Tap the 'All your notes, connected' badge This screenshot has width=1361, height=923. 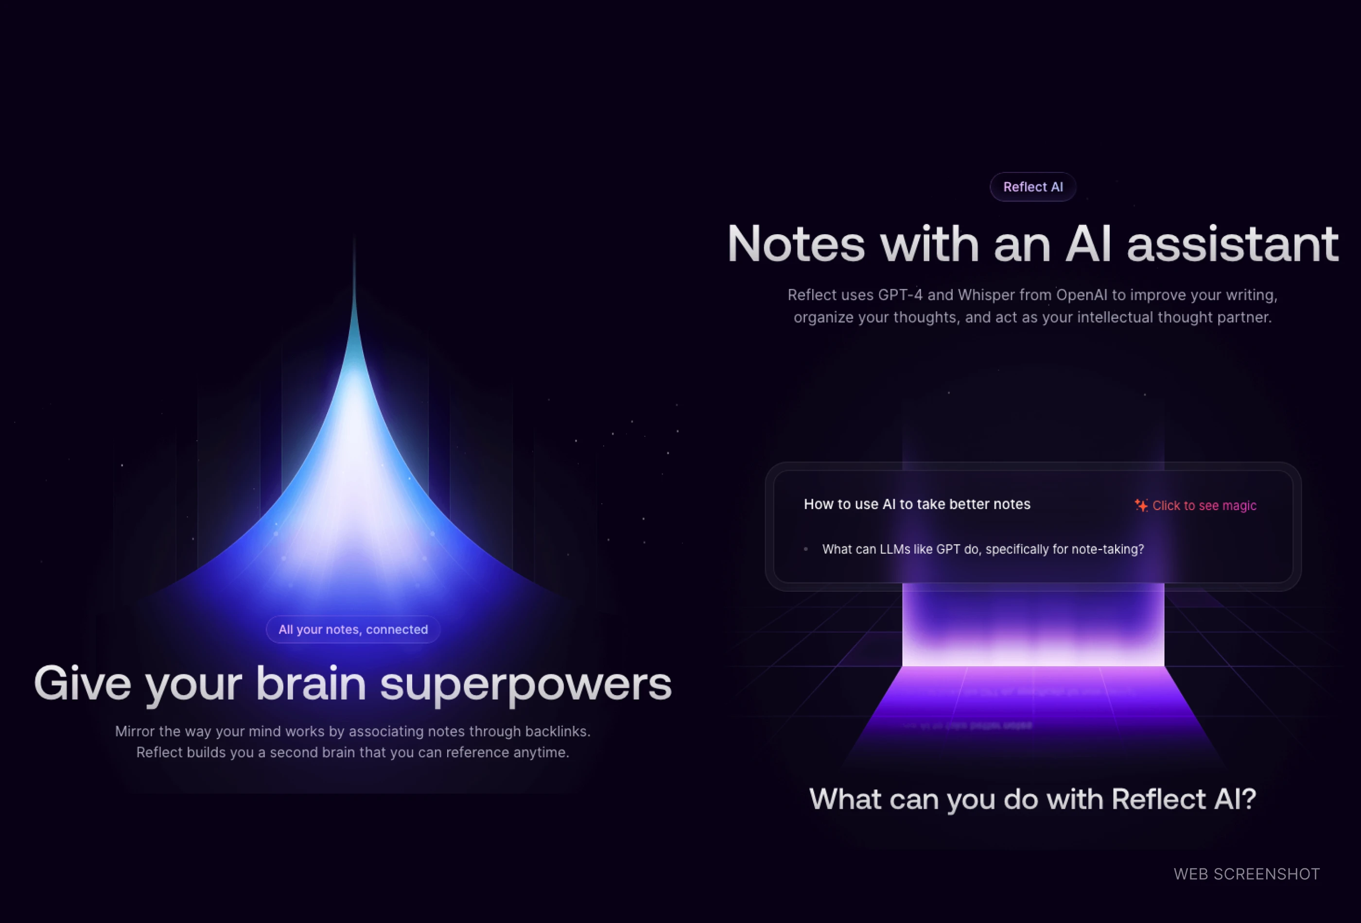pos(353,630)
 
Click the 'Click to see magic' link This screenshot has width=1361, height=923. pos(1204,506)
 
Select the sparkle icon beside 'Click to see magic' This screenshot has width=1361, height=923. pos(1141,505)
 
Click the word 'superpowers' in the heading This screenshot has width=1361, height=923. pos(525,684)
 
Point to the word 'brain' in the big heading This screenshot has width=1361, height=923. pos(311,684)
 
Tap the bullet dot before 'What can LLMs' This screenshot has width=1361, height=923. pos(806,549)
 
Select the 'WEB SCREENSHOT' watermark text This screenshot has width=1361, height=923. pos(1246,874)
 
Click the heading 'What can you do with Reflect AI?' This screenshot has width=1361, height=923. pos(1032,800)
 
